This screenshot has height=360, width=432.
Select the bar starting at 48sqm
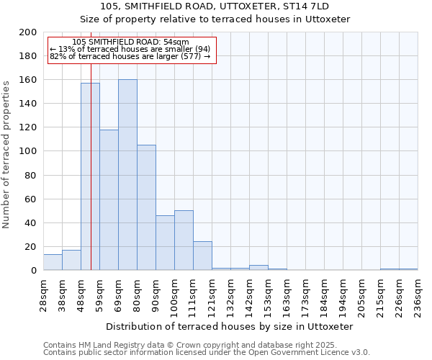click(x=90, y=176)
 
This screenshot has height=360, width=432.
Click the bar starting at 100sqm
click(x=184, y=240)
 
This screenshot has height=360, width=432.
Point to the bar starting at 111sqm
click(x=202, y=256)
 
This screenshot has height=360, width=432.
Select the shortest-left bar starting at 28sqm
click(x=53, y=262)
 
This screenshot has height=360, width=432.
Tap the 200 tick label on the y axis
click(x=28, y=32)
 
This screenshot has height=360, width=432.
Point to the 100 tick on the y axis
click(x=28, y=151)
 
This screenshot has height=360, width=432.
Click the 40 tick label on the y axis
click(x=31, y=222)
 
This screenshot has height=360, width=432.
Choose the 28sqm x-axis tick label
click(x=43, y=294)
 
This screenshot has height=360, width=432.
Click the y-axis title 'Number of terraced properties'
click(x=7, y=154)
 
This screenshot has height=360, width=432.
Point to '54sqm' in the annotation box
click(x=175, y=42)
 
